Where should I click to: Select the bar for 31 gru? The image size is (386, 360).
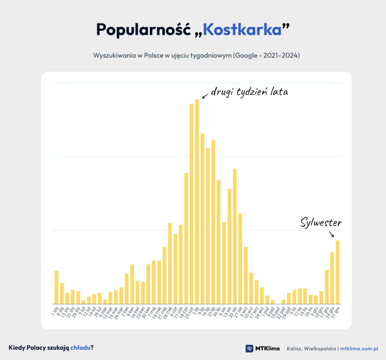[337, 272]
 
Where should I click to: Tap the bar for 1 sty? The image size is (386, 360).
[56, 287]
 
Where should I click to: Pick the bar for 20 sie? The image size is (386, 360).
[235, 236]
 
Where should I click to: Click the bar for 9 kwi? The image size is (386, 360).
[132, 284]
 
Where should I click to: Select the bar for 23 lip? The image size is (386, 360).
[213, 222]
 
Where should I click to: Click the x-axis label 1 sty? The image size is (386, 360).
[55, 311]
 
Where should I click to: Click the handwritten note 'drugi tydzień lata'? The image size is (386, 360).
[249, 92]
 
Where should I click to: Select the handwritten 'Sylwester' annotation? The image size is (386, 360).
[321, 223]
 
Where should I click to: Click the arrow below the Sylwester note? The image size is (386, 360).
[332, 234]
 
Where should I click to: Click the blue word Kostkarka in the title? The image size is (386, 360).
[242, 30]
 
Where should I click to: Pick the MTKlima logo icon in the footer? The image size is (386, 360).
[249, 348]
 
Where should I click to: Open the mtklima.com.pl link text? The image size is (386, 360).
[359, 348]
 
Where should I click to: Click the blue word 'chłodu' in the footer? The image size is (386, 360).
[80, 347]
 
